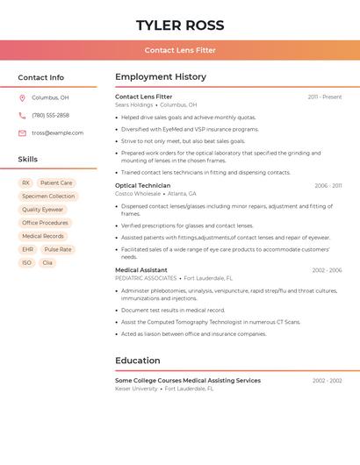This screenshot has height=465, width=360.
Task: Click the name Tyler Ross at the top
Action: click(180, 25)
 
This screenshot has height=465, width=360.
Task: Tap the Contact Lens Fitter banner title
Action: click(180, 50)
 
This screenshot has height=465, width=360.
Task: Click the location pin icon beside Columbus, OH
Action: click(22, 98)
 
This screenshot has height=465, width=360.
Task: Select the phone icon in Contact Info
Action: click(22, 116)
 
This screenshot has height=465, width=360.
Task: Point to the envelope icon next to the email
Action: click(22, 133)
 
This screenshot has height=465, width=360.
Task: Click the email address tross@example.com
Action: click(57, 133)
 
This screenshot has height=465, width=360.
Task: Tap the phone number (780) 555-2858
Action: click(50, 116)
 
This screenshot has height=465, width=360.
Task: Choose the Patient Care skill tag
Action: click(56, 183)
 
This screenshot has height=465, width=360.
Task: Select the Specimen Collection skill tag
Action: click(48, 197)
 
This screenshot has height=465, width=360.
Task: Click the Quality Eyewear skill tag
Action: click(42, 210)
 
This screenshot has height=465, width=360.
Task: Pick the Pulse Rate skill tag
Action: click(58, 249)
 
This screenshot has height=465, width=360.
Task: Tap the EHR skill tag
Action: click(27, 249)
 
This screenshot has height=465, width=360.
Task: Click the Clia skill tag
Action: click(47, 262)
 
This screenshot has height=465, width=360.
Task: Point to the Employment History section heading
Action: click(161, 77)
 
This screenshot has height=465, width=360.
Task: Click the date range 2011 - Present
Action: click(324, 97)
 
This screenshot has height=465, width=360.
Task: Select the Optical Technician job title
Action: click(142, 186)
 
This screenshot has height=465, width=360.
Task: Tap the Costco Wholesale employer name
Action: click(138, 194)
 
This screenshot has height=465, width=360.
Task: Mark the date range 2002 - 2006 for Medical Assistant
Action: click(327, 270)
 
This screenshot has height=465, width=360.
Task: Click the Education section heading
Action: click(138, 361)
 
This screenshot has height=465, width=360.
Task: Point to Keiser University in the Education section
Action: click(136, 389)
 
